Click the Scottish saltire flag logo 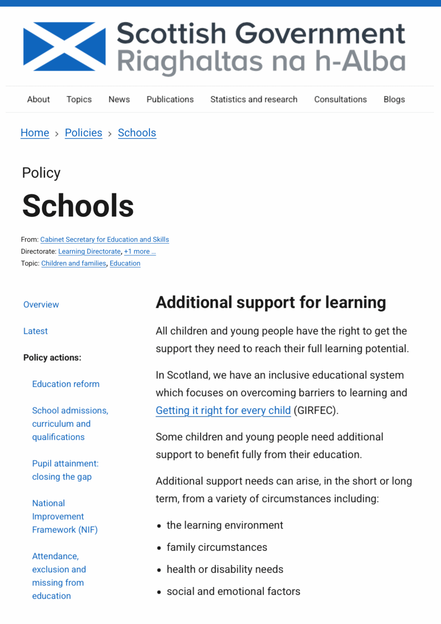pos(64,46)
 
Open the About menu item pos(38,99)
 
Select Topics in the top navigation pos(79,99)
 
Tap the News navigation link pos(119,99)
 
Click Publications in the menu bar pos(170,99)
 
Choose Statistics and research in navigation pos(254,99)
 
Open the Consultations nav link pos(340,99)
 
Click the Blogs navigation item pos(394,99)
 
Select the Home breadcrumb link pos(35,133)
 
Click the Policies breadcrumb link pos(83,133)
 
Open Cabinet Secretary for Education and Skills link pos(104,239)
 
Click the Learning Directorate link pos(90,251)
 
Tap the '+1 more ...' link pos(140,251)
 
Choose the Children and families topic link pos(74,263)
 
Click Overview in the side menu pos(41,304)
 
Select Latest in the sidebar pos(36,331)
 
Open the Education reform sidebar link pos(66,384)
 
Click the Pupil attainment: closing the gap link pos(65,470)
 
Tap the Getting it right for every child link pos(223,410)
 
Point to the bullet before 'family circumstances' pos(159,548)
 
